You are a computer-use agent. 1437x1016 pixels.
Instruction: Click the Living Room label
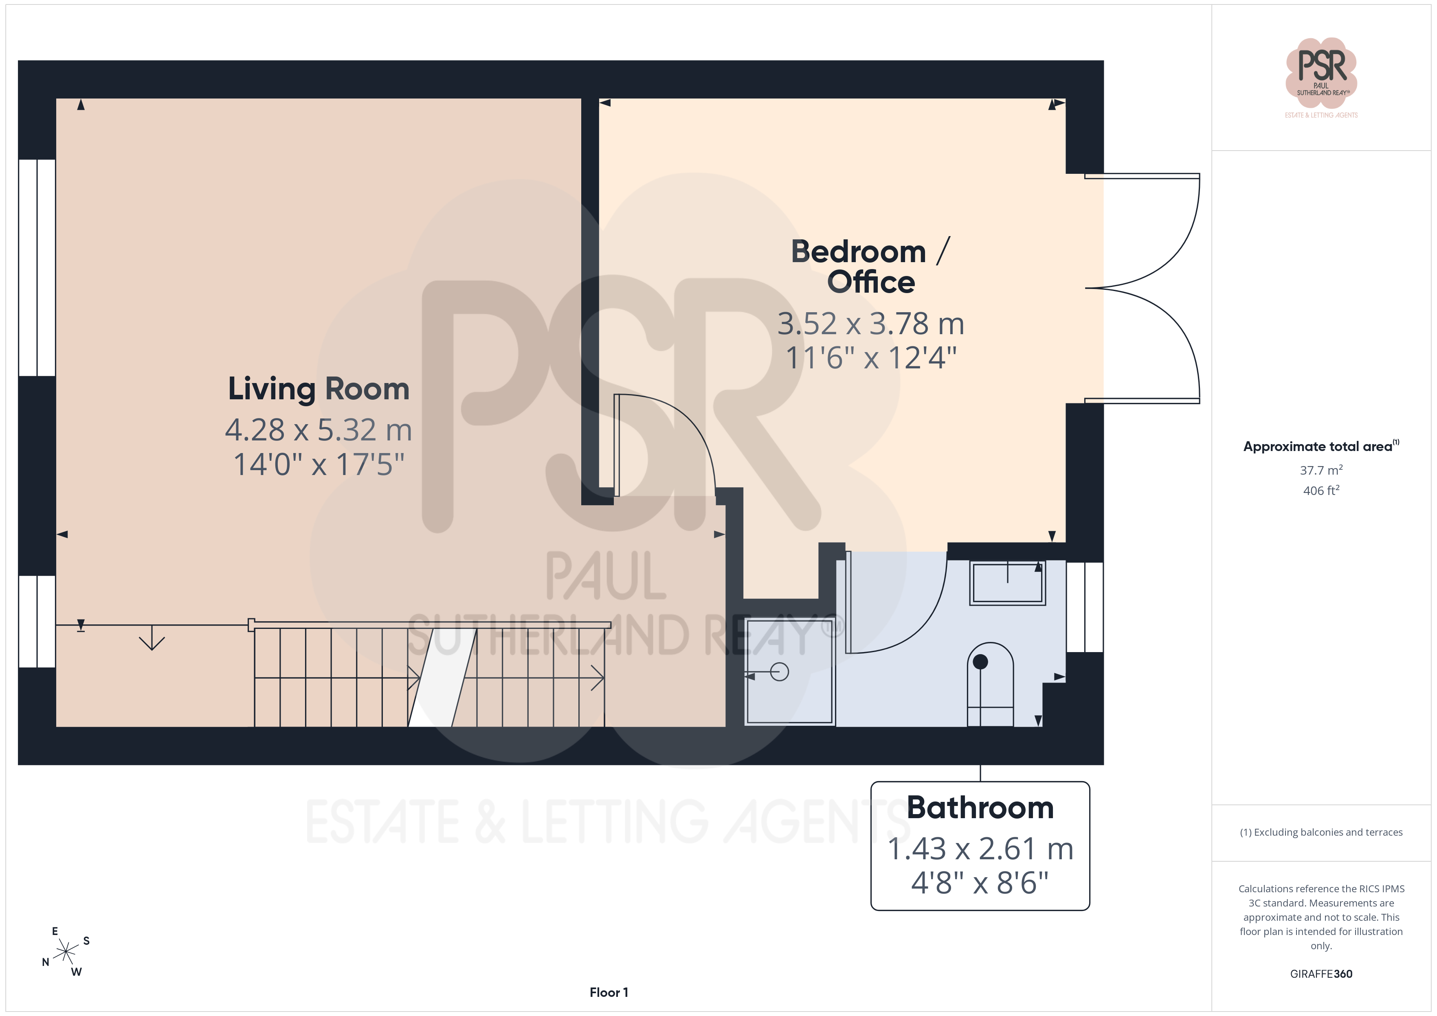319,389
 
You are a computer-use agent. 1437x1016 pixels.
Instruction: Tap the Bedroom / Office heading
870,267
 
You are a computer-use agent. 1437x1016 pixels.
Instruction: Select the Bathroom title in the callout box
980,807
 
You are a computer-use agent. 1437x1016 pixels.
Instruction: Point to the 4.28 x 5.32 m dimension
319,430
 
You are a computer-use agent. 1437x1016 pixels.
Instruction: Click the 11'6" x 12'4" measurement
870,358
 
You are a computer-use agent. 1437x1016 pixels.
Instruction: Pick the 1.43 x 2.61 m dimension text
980,849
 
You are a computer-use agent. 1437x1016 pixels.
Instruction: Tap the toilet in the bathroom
990,684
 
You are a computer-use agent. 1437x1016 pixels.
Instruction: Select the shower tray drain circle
779,672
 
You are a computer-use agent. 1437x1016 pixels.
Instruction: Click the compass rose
66,952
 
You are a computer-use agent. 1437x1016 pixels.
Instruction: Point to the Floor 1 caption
609,992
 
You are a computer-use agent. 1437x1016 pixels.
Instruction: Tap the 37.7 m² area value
1321,470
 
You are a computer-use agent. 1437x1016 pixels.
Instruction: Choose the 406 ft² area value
1321,490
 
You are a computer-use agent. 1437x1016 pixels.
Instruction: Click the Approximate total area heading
1321,446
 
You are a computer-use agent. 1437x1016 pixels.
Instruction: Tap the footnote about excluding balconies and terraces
1321,832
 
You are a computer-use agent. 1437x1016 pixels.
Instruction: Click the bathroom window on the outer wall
1085,607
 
